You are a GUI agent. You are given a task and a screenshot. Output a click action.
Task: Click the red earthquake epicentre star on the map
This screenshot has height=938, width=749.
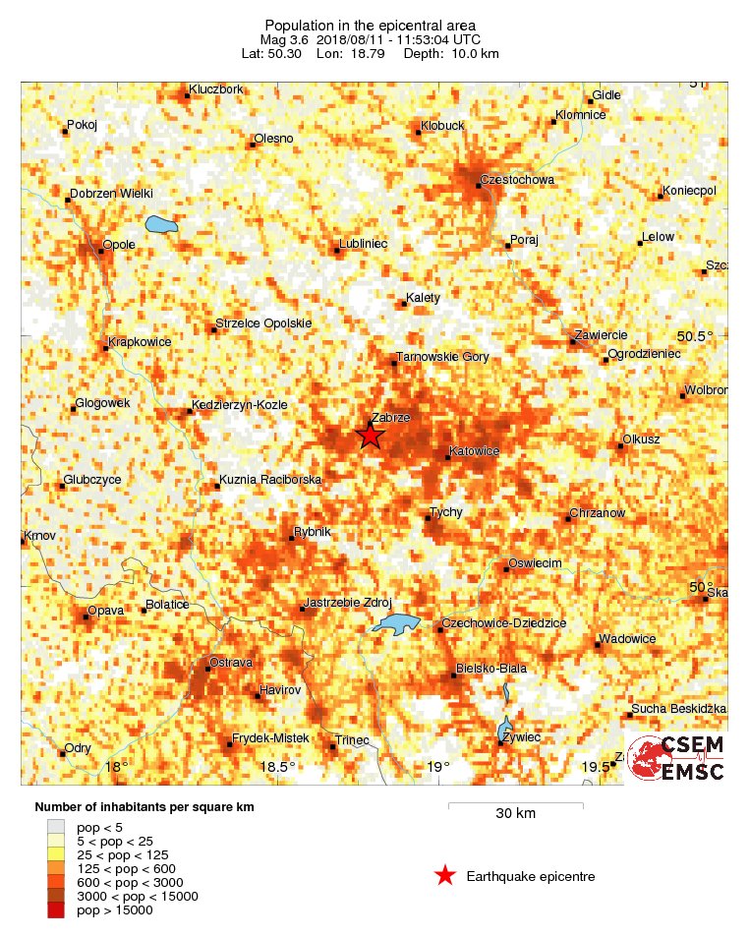[x=369, y=436]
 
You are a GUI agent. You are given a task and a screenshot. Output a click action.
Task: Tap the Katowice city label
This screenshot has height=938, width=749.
[x=474, y=451]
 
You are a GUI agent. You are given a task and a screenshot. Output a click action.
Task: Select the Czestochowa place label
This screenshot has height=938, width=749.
[x=517, y=180]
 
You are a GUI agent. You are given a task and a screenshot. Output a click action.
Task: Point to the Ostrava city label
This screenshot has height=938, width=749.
[x=232, y=663]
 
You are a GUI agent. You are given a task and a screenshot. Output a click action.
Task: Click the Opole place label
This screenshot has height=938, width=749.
[x=119, y=244]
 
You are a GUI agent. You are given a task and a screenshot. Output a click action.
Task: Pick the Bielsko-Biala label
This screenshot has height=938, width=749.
[x=492, y=669]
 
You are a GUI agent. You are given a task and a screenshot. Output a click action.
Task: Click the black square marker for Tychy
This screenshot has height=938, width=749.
[x=428, y=518]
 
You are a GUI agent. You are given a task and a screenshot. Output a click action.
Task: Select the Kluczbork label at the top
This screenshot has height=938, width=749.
[x=216, y=88]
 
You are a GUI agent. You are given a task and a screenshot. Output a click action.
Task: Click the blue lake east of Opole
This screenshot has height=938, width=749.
[x=161, y=225]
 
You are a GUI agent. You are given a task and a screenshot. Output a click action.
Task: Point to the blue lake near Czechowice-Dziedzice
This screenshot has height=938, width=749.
[x=396, y=623]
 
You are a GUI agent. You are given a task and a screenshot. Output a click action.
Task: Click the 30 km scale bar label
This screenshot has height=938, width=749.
[x=515, y=814]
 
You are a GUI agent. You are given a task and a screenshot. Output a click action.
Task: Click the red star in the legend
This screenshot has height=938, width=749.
[x=444, y=876]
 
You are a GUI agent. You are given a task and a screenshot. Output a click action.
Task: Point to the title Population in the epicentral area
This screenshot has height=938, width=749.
[x=370, y=25]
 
